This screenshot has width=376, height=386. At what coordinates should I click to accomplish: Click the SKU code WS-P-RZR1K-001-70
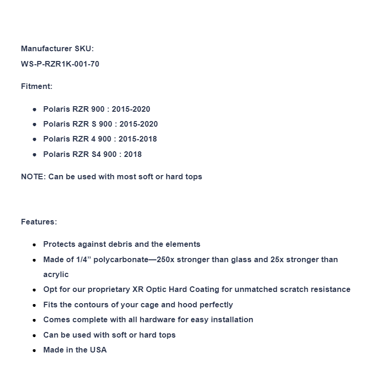60,64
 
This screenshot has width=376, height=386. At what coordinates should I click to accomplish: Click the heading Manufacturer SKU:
57,48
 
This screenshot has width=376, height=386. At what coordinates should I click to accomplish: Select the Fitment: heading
37,86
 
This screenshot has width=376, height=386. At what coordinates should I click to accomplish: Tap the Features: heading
39,222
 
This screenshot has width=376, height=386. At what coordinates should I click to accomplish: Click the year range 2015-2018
138,139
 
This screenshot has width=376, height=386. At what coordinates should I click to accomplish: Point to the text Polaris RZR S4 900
80,154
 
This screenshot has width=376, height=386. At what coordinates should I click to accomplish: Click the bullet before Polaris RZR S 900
34,124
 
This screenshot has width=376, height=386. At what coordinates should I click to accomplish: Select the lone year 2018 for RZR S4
133,154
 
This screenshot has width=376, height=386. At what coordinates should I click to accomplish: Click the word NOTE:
34,176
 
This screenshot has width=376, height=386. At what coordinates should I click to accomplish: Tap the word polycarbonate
121,259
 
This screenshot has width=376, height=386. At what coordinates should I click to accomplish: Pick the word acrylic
56,274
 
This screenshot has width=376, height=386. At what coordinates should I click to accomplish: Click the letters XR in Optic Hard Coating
138,289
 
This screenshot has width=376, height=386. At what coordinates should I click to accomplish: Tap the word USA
98,350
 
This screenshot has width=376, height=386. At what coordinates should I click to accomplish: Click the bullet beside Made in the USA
34,350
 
